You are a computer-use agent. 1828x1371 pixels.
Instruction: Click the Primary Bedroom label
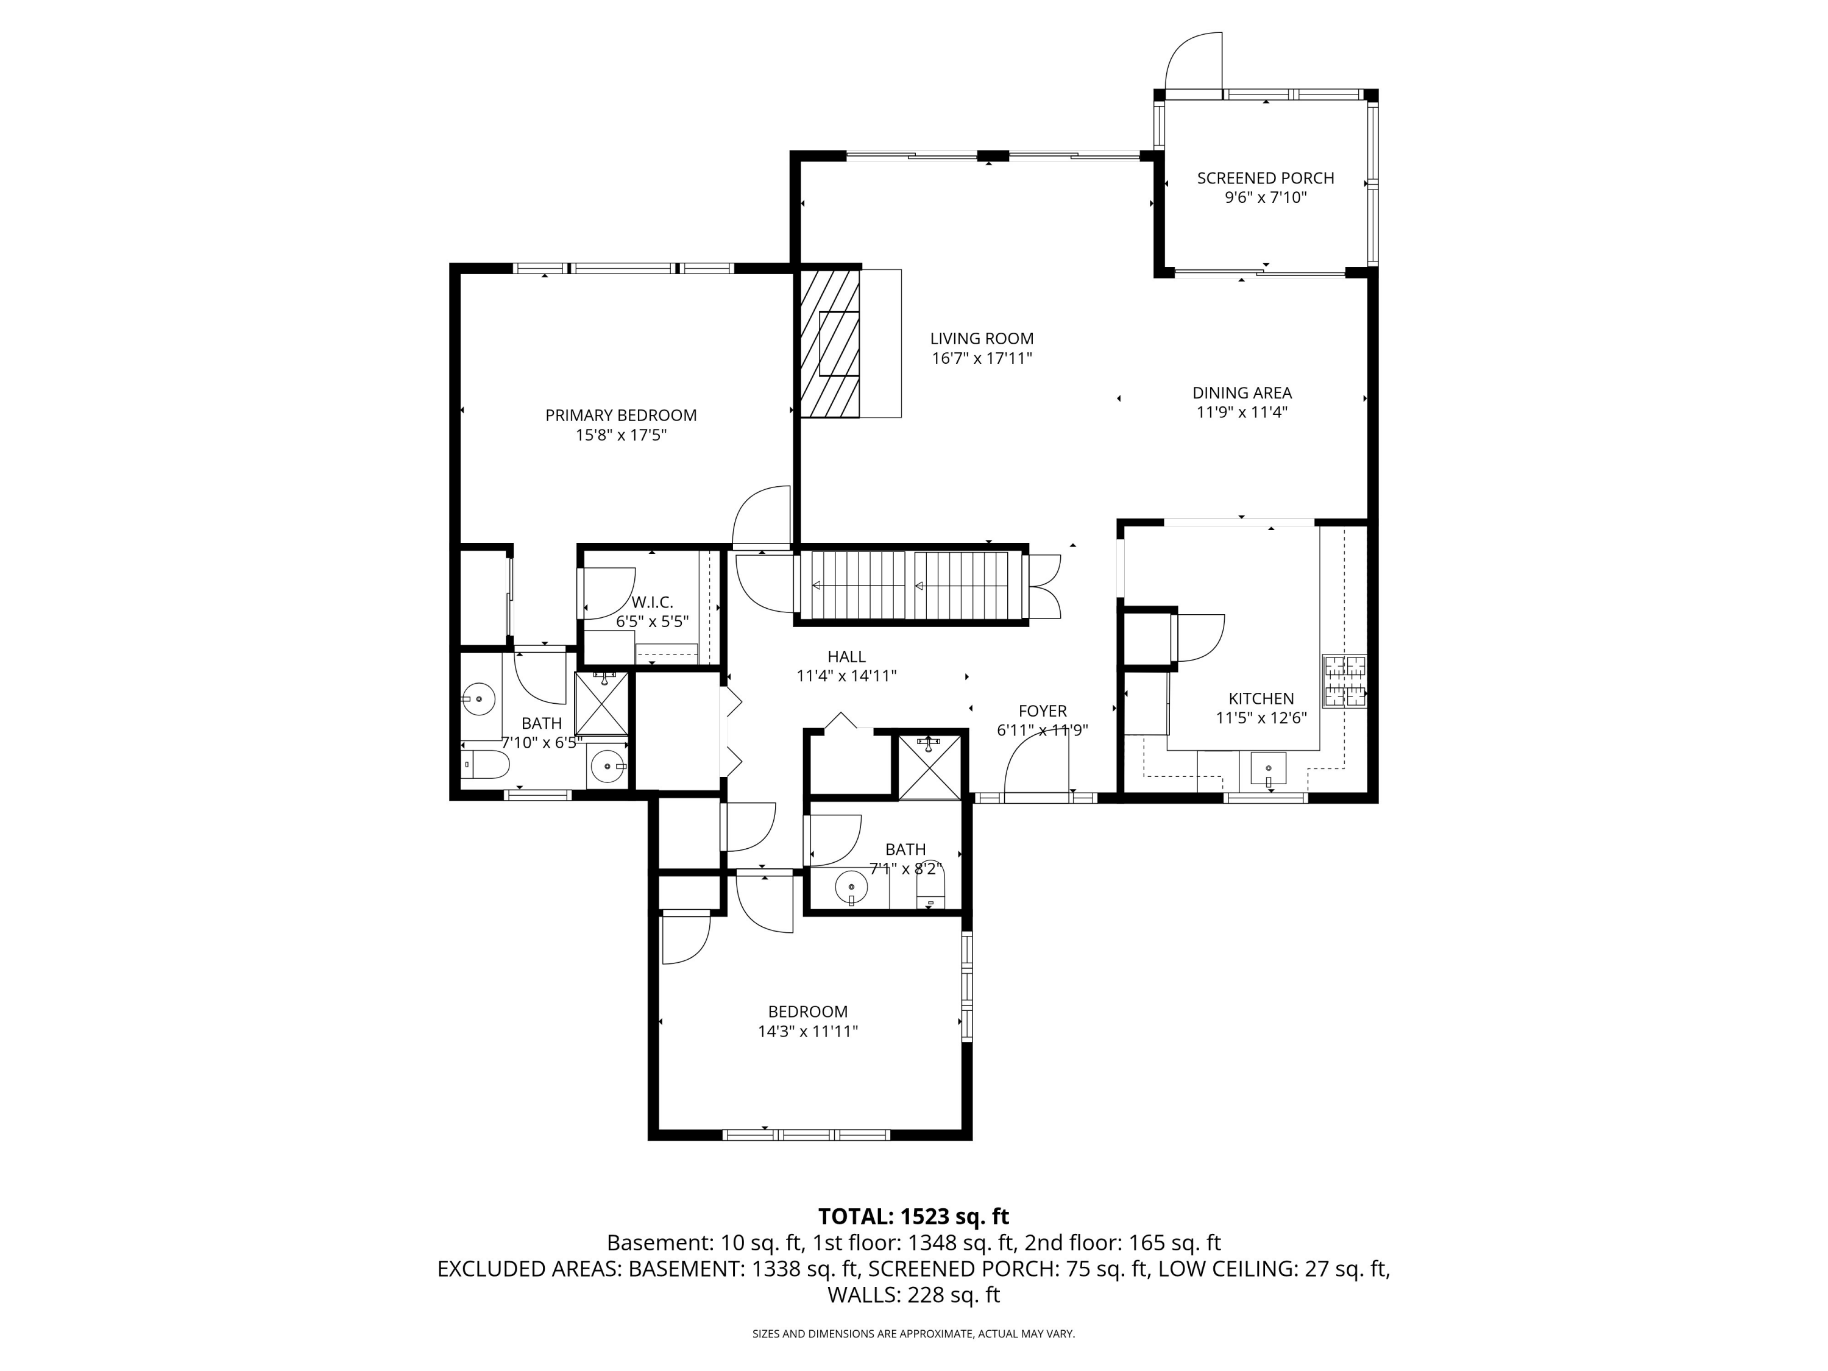coord(621,416)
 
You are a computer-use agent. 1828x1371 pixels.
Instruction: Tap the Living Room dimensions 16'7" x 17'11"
coord(982,359)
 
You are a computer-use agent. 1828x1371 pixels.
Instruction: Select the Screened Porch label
coord(1265,178)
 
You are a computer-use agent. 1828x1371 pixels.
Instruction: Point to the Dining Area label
coord(1242,394)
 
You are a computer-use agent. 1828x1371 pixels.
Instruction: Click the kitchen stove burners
coord(1345,681)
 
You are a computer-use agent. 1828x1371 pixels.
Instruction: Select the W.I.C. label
coord(652,603)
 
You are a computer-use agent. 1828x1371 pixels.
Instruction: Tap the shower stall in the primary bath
coord(601,703)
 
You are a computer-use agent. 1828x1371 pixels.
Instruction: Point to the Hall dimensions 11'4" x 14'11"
coord(846,676)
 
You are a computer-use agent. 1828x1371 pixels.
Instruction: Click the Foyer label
coord(1043,710)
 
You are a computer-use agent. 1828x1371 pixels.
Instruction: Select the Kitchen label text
coord(1261,698)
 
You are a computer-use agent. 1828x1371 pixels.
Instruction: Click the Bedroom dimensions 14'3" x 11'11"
coord(808,1032)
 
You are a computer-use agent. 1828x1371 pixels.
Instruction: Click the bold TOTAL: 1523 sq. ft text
coord(913,1216)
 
